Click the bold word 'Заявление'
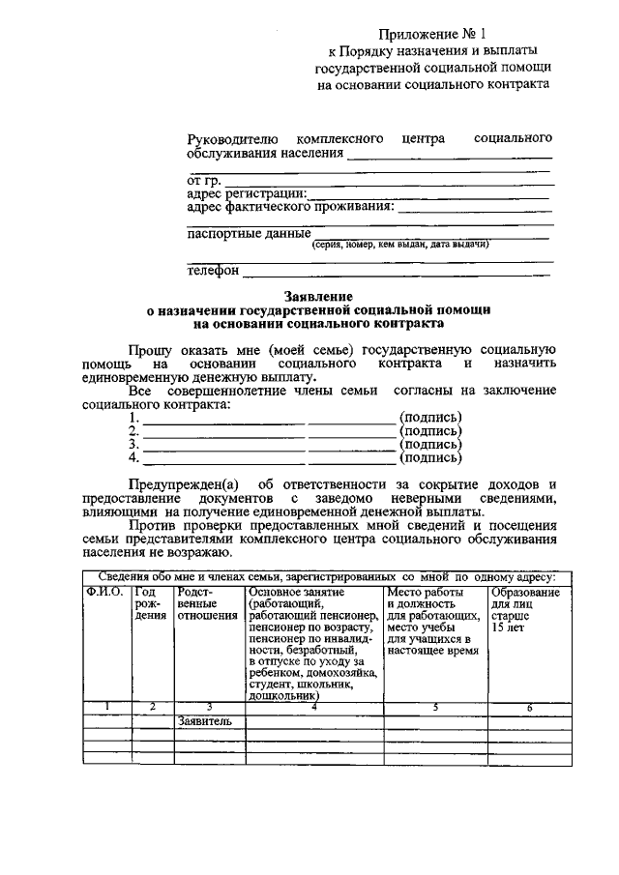[x=318, y=296]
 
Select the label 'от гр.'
[x=203, y=179]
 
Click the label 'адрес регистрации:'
[x=246, y=192]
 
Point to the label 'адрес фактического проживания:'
[x=289, y=206]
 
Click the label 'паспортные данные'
[x=248, y=233]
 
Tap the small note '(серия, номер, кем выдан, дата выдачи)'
[x=400, y=246]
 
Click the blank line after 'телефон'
[x=397, y=274]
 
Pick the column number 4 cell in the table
[x=314, y=707]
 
